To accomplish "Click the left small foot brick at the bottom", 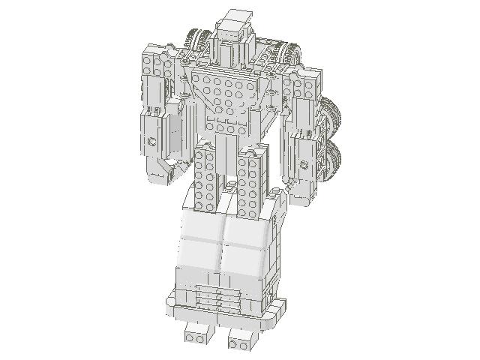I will pos(196,336).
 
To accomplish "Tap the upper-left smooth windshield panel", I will pos(199,224).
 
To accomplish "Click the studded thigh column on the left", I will pos(205,177).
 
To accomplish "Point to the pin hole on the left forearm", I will pos(151,140).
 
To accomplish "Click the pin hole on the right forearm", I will pos(304,164).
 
